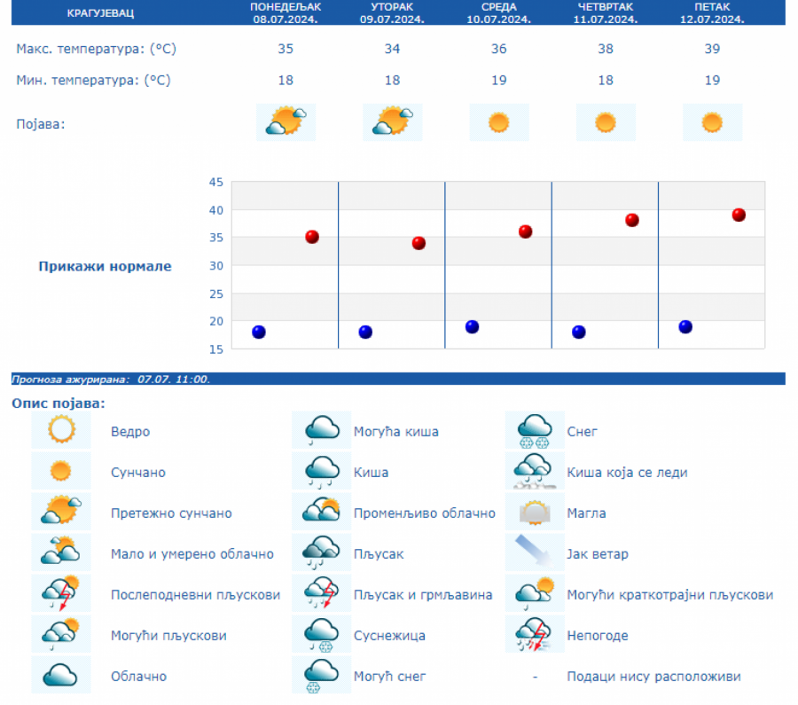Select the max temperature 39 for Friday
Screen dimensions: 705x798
coord(712,49)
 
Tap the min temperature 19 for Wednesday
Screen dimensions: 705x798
coord(498,81)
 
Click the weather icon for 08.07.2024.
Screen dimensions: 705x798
coord(286,121)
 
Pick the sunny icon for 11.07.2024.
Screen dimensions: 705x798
coord(606,122)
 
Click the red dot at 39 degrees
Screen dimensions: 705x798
coord(739,215)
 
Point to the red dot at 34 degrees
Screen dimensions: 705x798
coord(419,243)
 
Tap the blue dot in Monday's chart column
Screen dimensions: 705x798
coord(259,332)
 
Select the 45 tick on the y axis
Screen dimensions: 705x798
coord(215,183)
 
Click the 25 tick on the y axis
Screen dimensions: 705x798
coord(215,294)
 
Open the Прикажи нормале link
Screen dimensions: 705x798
coord(106,266)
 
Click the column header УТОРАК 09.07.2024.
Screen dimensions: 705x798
coord(392,12)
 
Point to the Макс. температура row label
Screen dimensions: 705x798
coord(96,49)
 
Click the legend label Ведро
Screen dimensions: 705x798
coord(130,432)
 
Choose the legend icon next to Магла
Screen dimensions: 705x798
coord(535,513)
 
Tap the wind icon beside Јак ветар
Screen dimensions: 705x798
coord(535,553)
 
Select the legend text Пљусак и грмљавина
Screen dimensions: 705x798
coord(422,595)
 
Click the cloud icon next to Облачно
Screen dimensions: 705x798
coord(61,676)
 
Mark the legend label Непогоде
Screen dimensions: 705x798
coord(598,636)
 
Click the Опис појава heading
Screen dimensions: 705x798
coord(58,403)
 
